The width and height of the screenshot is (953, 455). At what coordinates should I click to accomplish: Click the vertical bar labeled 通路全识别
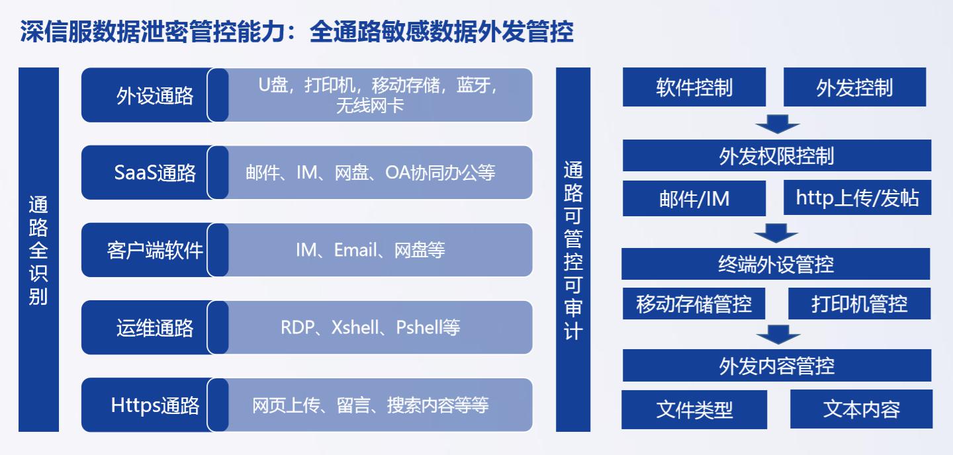click(x=38, y=249)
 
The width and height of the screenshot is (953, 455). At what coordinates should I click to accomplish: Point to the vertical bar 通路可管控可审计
click(x=573, y=249)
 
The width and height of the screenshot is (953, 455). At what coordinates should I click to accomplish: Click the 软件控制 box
click(x=694, y=87)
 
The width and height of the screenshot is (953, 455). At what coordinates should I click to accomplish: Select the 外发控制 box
click(x=855, y=87)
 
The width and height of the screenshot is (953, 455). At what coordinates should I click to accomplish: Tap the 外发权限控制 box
click(x=777, y=155)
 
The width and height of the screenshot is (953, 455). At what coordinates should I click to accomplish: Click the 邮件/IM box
click(x=694, y=198)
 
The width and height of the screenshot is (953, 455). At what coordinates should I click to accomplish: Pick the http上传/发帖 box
click(x=857, y=198)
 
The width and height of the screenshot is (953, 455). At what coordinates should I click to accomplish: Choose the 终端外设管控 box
click(x=776, y=264)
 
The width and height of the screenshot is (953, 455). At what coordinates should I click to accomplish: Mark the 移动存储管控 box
click(x=694, y=304)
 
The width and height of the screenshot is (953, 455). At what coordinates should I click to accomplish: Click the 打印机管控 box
click(x=860, y=304)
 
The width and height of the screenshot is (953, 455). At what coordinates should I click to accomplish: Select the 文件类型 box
click(x=694, y=409)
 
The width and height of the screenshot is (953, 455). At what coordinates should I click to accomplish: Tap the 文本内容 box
click(x=862, y=409)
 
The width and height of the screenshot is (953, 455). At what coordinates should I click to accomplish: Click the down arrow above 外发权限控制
click(x=777, y=124)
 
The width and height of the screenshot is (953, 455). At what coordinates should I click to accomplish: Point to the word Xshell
click(x=355, y=327)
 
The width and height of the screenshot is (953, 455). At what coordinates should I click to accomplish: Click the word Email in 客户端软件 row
click(x=355, y=250)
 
